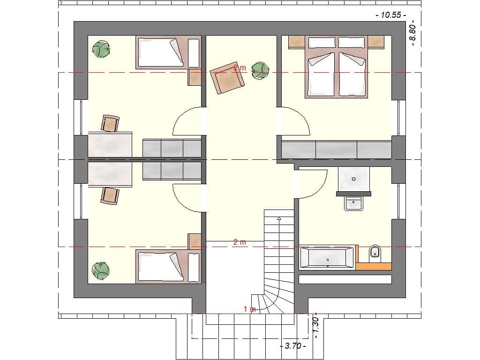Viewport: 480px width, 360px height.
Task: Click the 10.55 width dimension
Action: [390, 15]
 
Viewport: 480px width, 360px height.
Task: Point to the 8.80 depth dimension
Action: [413, 32]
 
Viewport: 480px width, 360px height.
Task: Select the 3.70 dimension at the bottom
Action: [292, 346]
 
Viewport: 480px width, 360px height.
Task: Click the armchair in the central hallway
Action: [227, 77]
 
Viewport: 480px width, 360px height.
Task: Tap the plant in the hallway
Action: [260, 70]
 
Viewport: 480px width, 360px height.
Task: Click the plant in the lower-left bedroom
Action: [101, 270]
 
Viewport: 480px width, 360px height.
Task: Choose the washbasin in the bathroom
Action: [353, 203]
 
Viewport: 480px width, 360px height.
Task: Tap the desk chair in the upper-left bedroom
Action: [110, 124]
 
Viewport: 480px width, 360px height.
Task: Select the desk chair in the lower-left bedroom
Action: [110, 195]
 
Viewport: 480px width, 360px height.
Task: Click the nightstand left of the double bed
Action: [297, 42]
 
